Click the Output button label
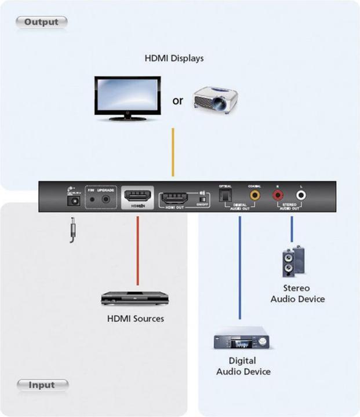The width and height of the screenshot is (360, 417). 41,22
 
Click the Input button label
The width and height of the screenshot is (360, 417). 42,385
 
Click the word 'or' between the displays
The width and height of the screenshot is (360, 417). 177,100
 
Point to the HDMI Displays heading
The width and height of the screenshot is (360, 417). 174,58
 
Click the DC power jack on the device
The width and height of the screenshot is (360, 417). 74,199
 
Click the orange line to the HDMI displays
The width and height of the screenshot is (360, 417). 172,152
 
